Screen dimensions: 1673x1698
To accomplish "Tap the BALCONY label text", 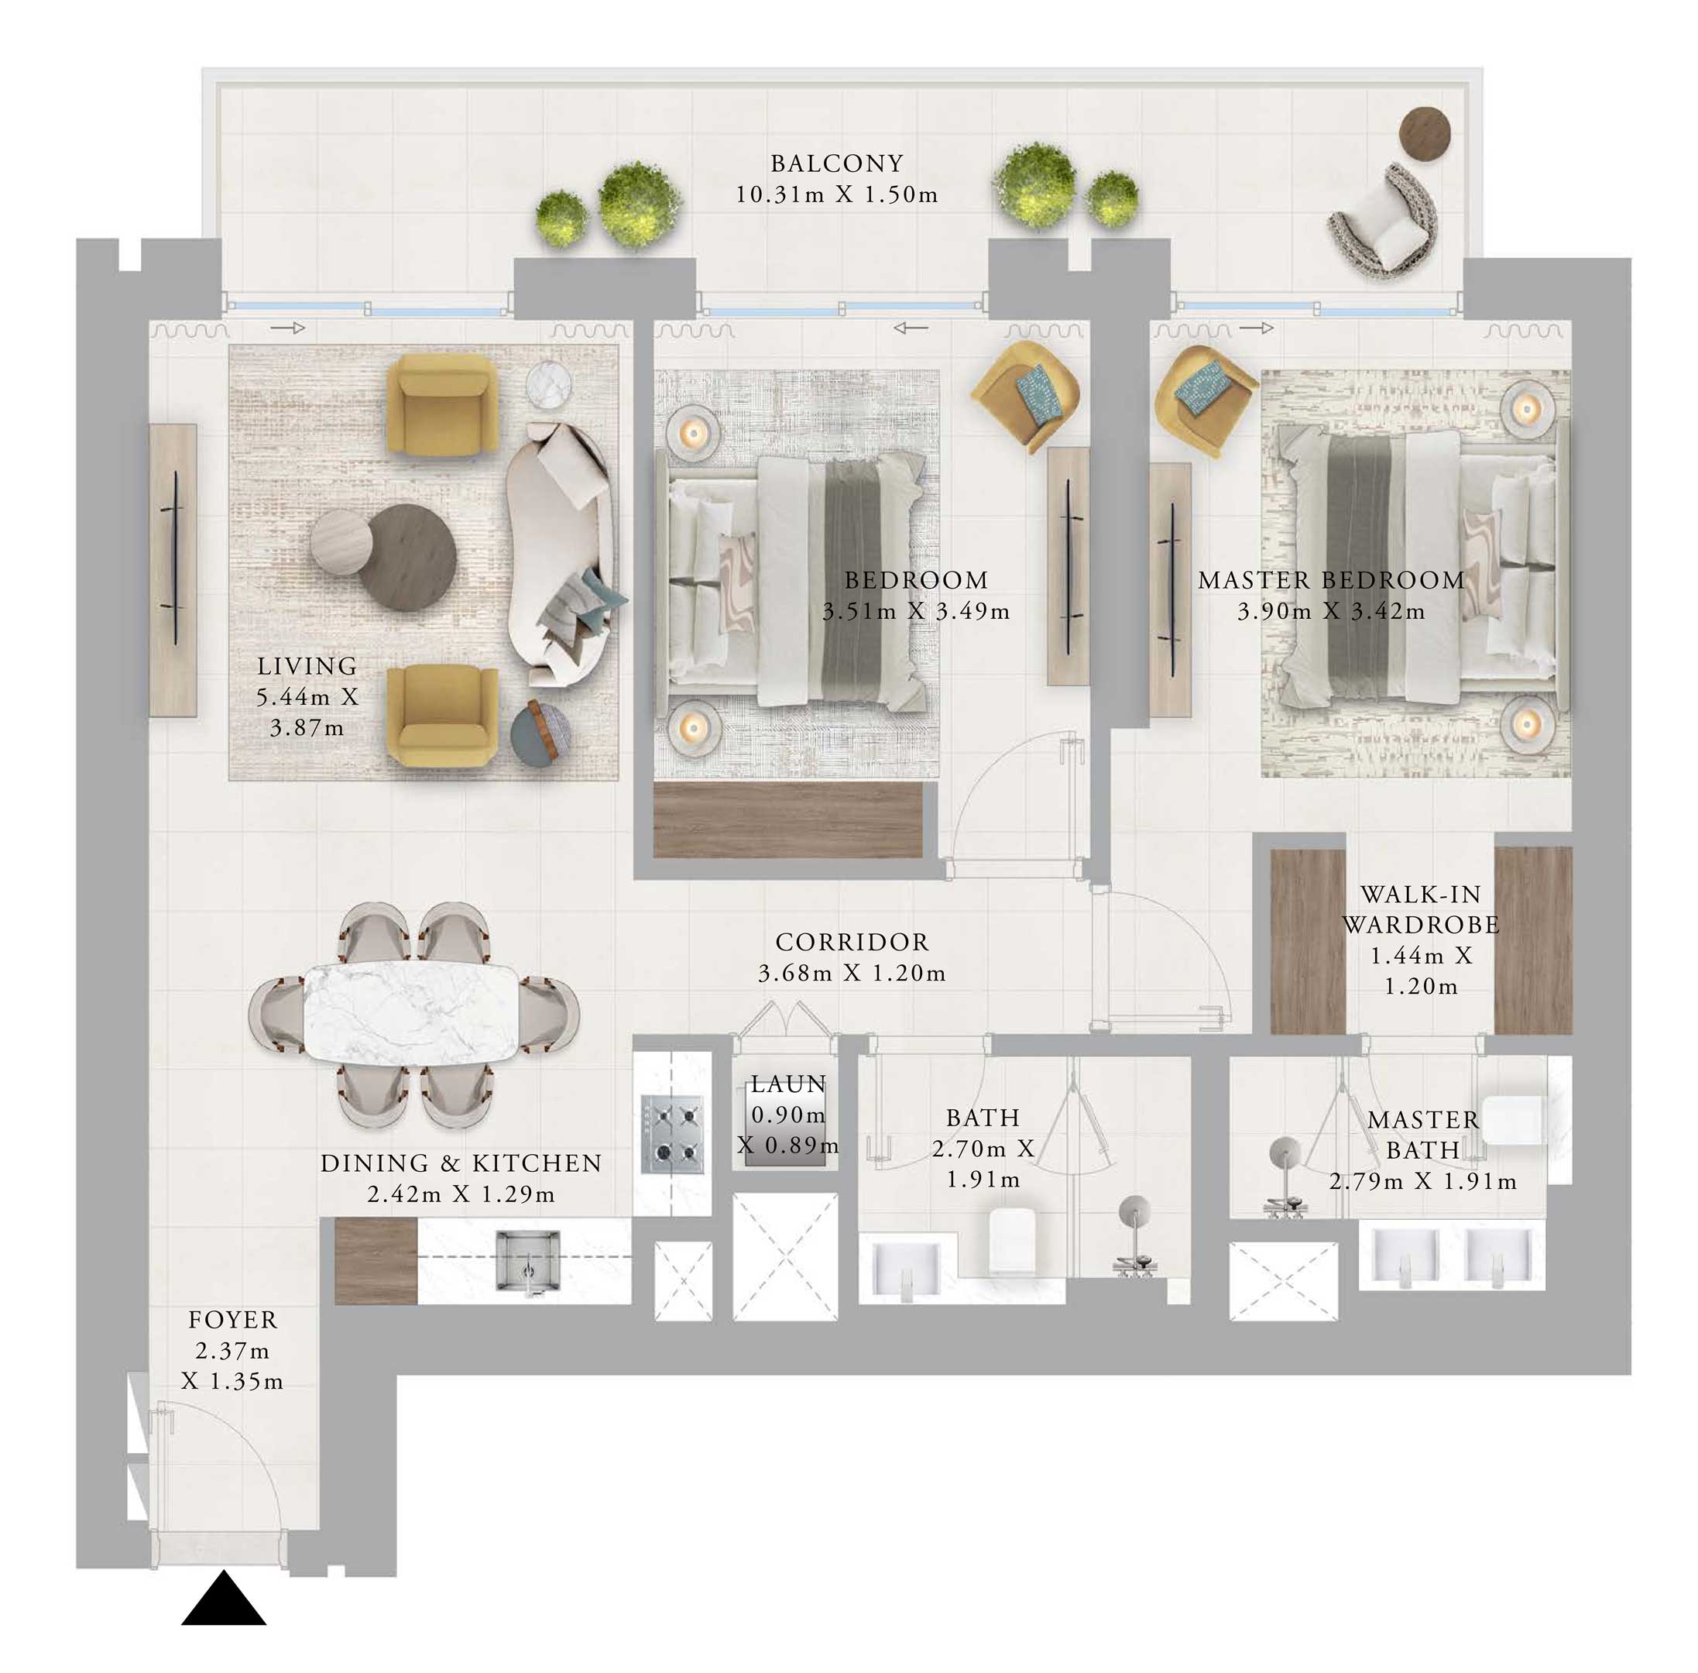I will (836, 163).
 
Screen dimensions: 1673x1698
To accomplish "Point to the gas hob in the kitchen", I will (672, 1133).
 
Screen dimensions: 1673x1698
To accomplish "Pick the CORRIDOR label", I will (851, 942).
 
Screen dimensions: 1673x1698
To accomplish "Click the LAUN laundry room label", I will (788, 1084).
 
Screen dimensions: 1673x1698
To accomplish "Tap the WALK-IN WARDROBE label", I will (1420, 909).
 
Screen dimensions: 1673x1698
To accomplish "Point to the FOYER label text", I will (233, 1320).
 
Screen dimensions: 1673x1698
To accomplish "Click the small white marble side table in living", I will (549, 385).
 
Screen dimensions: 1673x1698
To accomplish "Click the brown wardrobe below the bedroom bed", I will (788, 819).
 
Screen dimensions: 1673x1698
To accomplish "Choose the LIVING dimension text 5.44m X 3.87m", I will (307, 712).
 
